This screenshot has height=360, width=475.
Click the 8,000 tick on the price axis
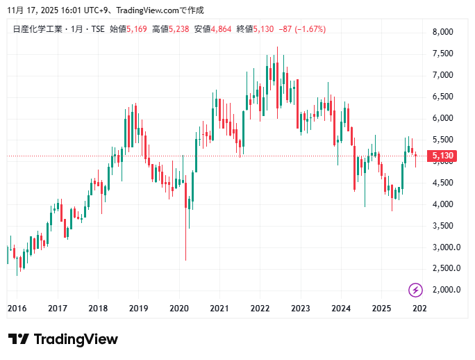pyautogui.click(x=442, y=32)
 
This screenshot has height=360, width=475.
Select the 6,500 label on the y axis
pyautogui.click(x=442, y=97)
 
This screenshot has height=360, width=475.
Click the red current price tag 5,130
pyautogui.click(x=442, y=156)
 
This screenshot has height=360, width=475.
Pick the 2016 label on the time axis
pyautogui.click(x=17, y=309)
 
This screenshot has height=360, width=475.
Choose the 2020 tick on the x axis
pyautogui.click(x=179, y=309)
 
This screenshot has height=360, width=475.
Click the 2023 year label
pyautogui.click(x=300, y=309)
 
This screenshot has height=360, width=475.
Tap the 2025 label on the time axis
pyautogui.click(x=381, y=309)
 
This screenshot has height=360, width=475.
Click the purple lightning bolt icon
pyautogui.click(x=415, y=290)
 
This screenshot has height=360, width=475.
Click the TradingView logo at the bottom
pyautogui.click(x=63, y=339)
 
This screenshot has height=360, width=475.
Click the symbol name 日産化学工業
pyautogui.click(x=34, y=29)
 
